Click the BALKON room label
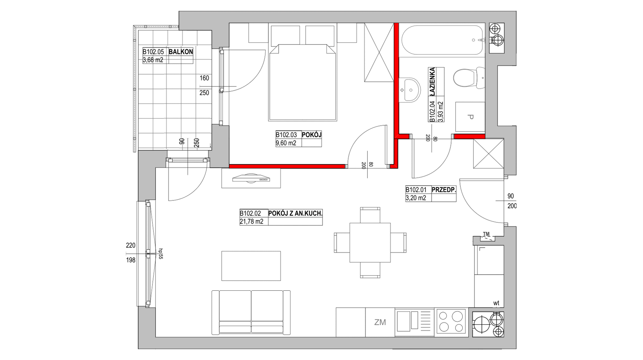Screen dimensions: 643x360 pyautogui.click(x=181, y=52)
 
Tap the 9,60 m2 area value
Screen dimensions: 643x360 pyautogui.click(x=286, y=143)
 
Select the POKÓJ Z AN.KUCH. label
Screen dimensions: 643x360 pyautogui.click(x=295, y=214)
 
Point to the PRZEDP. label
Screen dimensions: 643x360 pyautogui.click(x=444, y=190)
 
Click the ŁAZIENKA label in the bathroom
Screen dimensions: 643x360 pyautogui.click(x=433, y=81)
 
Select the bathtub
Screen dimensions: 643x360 pyautogui.click(x=442, y=40)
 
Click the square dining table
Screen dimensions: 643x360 pyautogui.click(x=370, y=242)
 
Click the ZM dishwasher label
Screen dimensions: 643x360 pyautogui.click(x=380, y=322)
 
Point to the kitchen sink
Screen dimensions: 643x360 pyautogui.click(x=414, y=322)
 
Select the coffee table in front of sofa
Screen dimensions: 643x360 pyautogui.click(x=251, y=266)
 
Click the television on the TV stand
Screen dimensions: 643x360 pyautogui.click(x=251, y=178)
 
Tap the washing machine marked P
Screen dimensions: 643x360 pyautogui.click(x=470, y=117)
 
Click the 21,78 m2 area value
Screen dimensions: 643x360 pyautogui.click(x=251, y=222)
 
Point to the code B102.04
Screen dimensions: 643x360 pyautogui.click(x=433, y=111)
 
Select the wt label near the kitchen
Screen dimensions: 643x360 pyautogui.click(x=496, y=304)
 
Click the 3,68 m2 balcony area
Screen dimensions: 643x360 pyautogui.click(x=153, y=60)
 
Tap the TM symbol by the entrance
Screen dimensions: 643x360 pyautogui.click(x=486, y=235)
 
